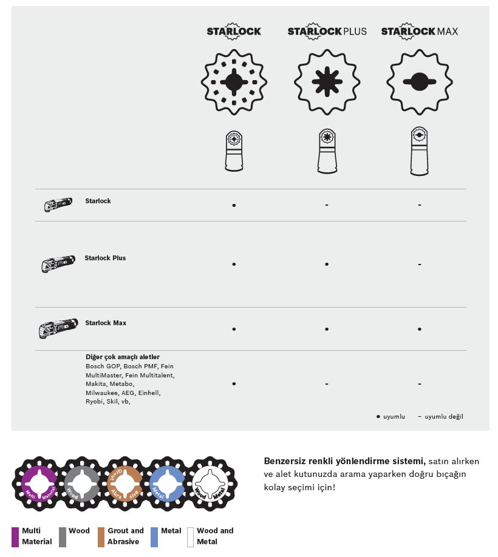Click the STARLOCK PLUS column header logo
[x=327, y=31]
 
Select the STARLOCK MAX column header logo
[x=419, y=31]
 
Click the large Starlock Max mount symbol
[x=419, y=81]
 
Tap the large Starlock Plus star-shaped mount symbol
[x=327, y=81]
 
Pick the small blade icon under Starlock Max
[x=419, y=152]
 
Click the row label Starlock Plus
[x=105, y=258]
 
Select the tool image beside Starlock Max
[x=58, y=328]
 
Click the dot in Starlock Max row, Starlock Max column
[x=420, y=329]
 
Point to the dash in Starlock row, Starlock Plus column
[x=327, y=205]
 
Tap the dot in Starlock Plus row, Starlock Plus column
[x=327, y=264]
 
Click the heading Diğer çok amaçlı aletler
[x=123, y=357]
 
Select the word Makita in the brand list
[x=96, y=384]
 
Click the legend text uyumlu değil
[x=443, y=417]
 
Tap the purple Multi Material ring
[x=39, y=484]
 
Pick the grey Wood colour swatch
[x=63, y=537]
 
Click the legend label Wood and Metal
[x=215, y=536]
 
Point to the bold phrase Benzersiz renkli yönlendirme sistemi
[x=344, y=461]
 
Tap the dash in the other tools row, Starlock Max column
[x=420, y=384]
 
